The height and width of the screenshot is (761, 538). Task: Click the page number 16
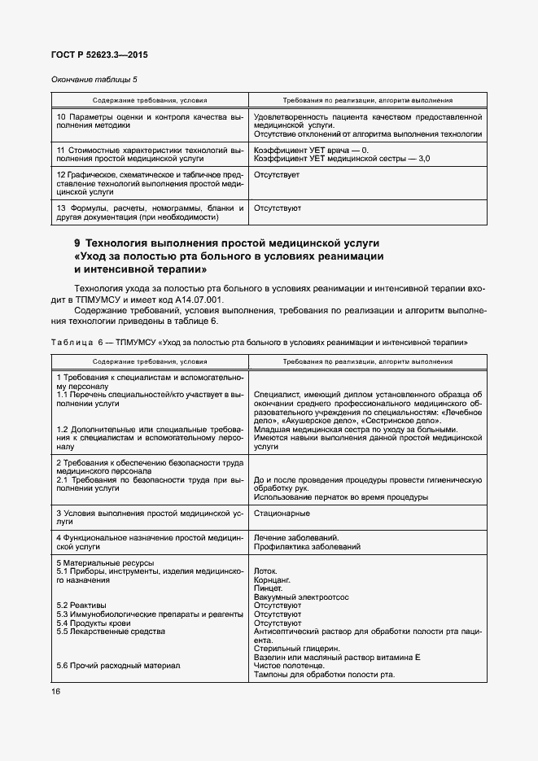[55, 691]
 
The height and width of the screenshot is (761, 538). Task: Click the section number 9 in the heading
[77, 243]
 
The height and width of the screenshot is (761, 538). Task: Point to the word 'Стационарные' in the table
[282, 514]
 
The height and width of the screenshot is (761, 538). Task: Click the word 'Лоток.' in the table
[266, 571]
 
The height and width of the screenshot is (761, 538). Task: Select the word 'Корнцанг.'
[273, 579]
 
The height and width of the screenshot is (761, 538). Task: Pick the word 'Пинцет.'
[269, 588]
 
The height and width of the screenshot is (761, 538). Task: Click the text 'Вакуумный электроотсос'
[301, 597]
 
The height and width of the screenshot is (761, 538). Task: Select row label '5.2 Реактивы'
[81, 606]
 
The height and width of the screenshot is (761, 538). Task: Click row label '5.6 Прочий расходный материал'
[118, 665]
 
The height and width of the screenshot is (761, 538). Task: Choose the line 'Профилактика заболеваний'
[307, 547]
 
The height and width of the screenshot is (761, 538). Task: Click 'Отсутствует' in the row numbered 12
[277, 174]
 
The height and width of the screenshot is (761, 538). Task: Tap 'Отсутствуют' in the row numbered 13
[278, 208]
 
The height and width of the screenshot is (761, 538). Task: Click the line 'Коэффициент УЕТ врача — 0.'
[311, 150]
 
